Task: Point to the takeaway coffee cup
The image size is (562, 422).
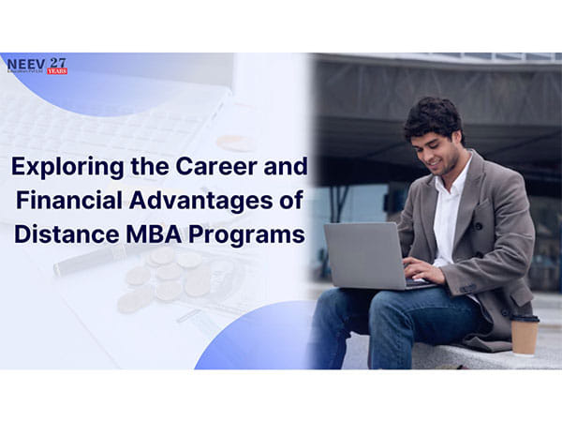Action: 525,333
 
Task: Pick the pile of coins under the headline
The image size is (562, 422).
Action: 164,277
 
